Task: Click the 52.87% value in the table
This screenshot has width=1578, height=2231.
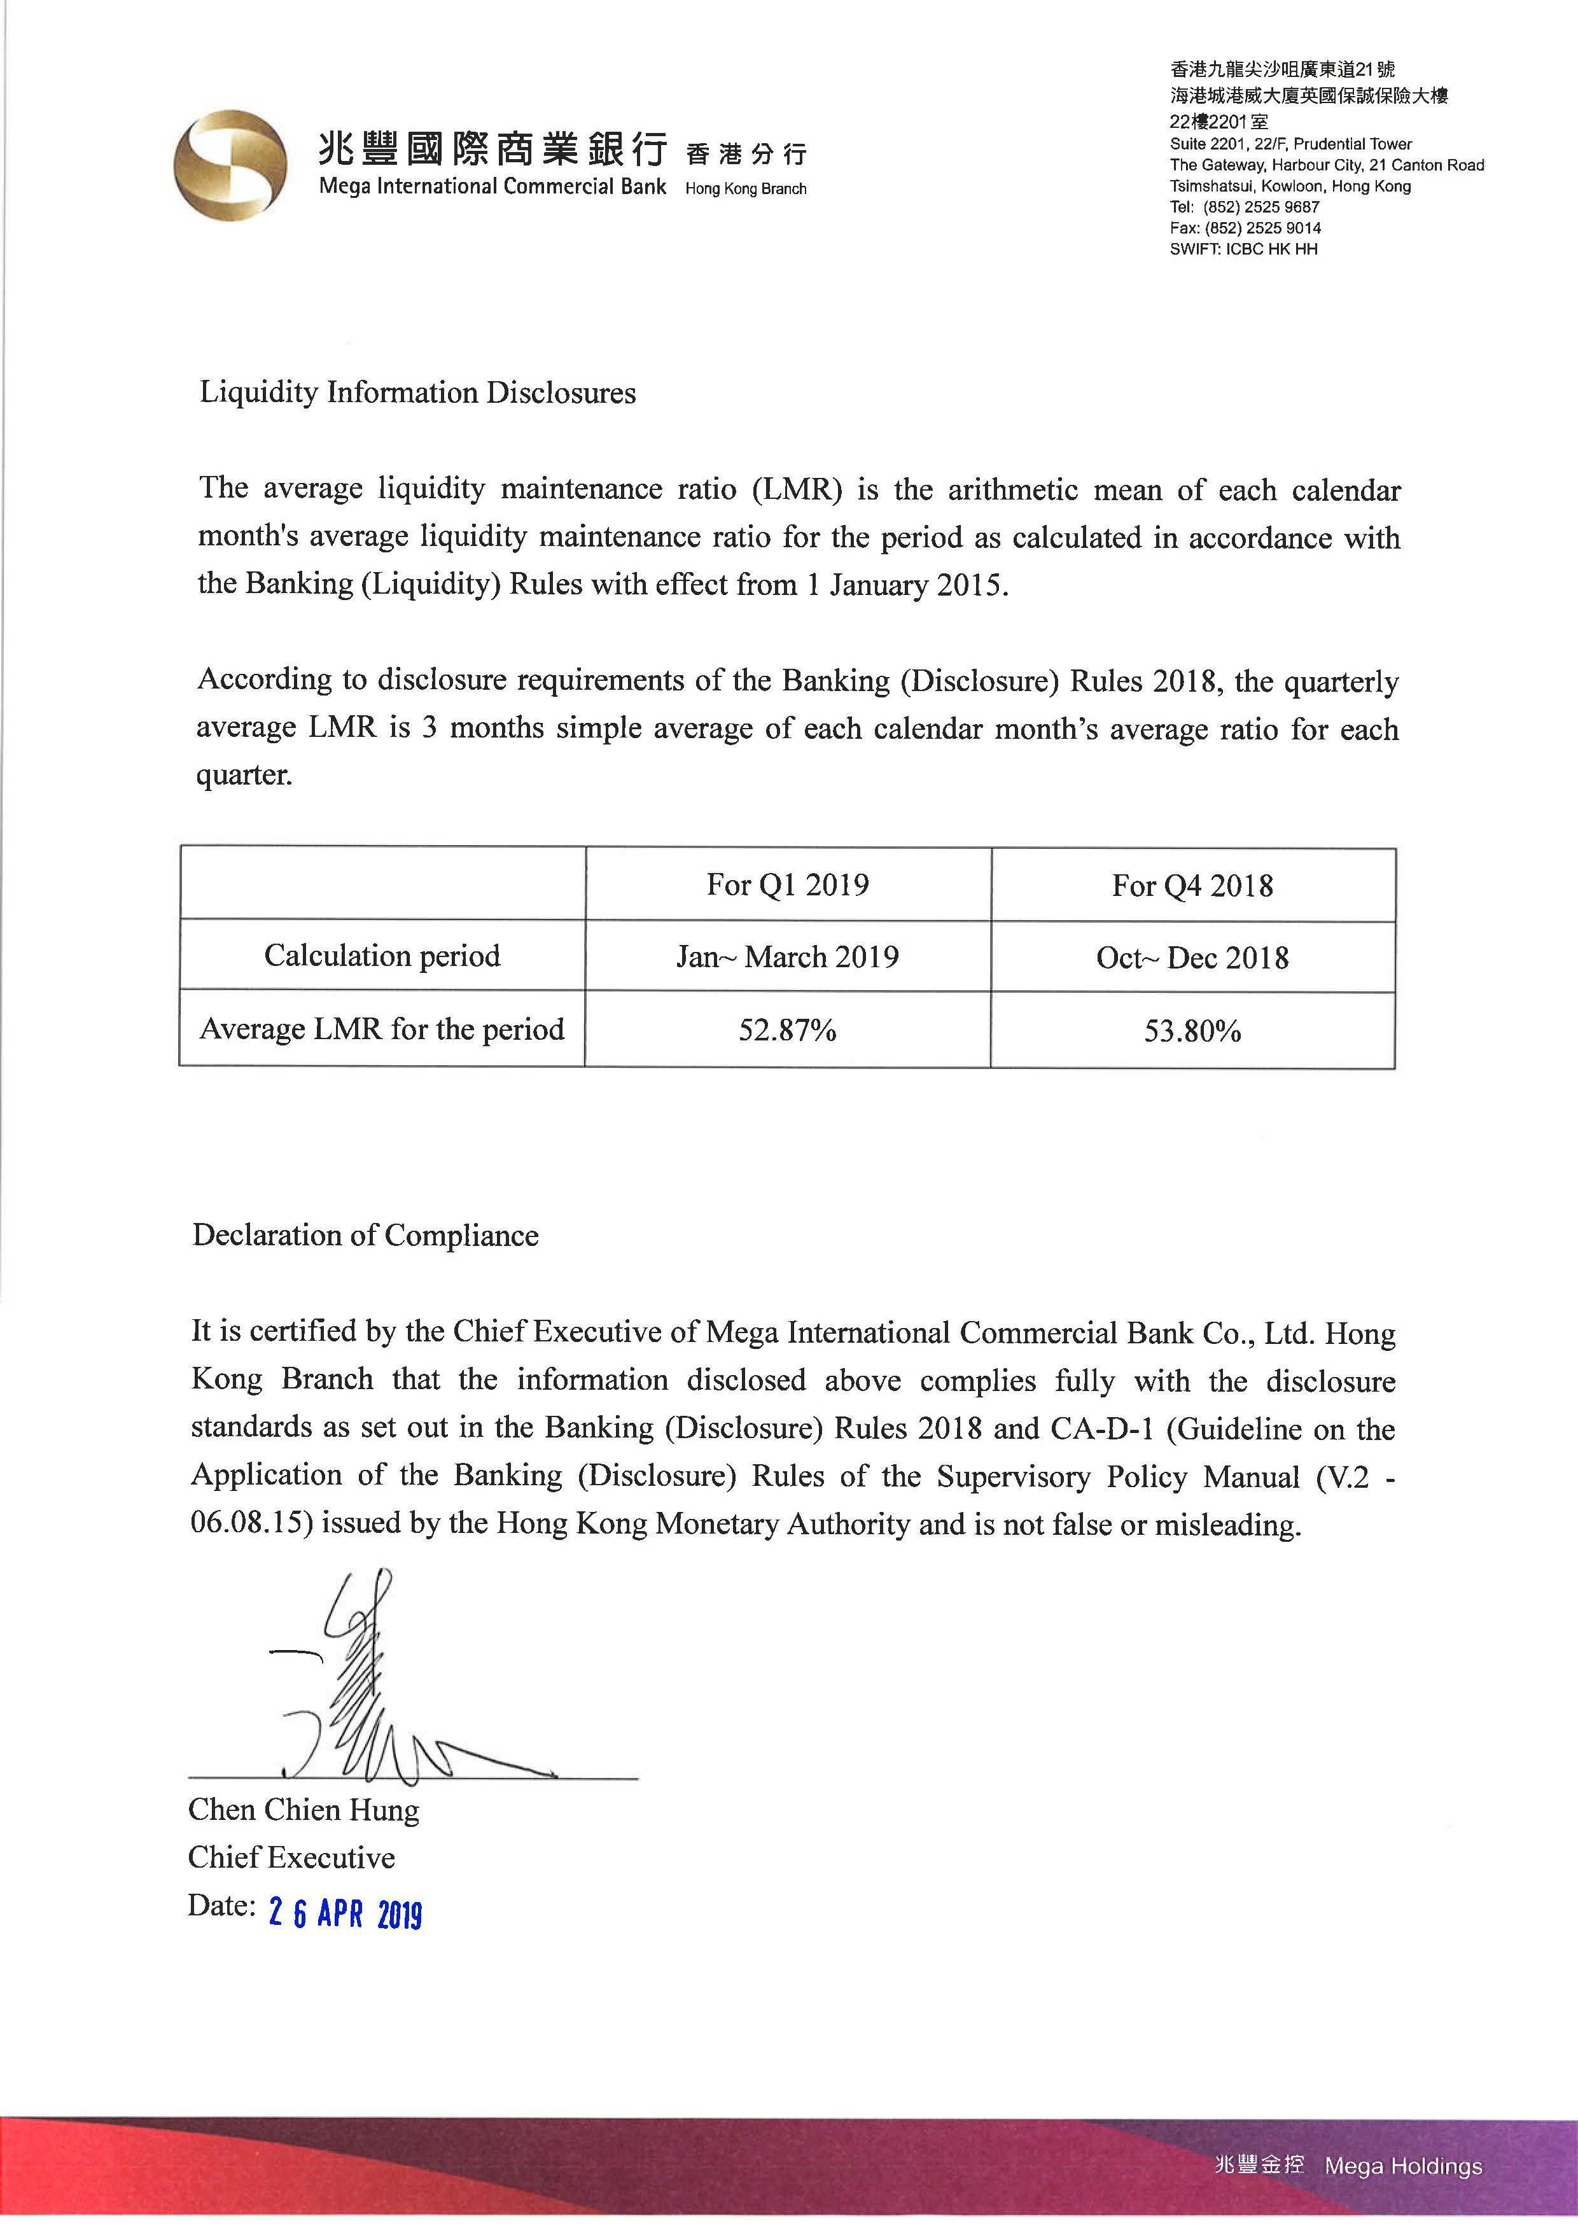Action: click(x=787, y=1030)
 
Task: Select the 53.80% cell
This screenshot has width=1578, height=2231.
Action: click(x=1192, y=1031)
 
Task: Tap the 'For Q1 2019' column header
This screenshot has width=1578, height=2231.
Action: click(x=787, y=885)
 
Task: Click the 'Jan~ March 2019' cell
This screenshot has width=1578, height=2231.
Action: click(x=787, y=957)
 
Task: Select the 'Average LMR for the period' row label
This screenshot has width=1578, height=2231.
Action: click(x=382, y=1029)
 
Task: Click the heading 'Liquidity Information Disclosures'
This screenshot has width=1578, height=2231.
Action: click(x=418, y=393)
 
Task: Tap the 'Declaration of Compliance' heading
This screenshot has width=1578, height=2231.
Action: click(x=365, y=1235)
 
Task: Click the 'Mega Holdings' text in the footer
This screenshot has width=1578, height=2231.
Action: click(x=1403, y=2166)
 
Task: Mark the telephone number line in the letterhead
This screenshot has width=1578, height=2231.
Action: click(x=1244, y=207)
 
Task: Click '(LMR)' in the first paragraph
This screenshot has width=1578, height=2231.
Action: click(x=797, y=489)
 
